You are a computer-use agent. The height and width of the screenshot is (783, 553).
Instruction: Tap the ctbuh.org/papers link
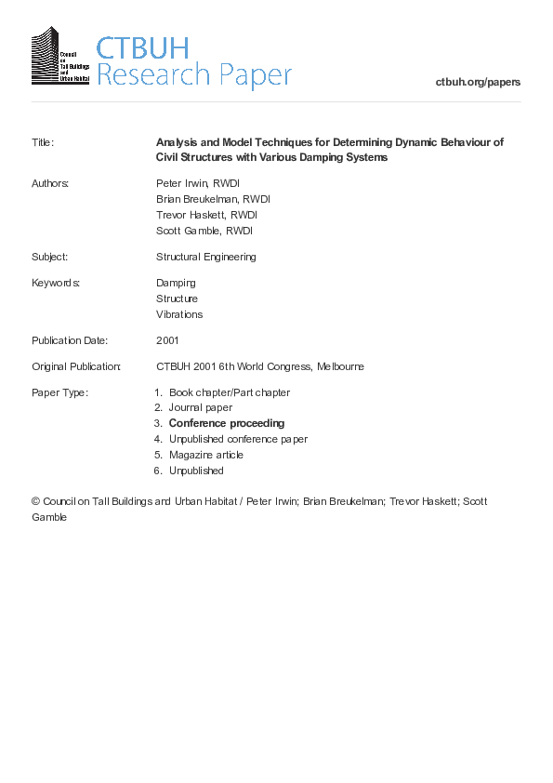pos(478,82)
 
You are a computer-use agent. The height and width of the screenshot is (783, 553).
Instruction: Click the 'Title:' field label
pos(43,142)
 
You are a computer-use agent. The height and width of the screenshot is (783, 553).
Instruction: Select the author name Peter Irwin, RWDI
pos(197,183)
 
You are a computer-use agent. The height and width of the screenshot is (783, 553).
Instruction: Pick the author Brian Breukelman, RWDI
pos(213,199)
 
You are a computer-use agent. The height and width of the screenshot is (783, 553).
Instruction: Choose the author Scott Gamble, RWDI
pos(204,231)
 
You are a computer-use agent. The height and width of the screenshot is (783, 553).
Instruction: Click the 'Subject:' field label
pos(49,257)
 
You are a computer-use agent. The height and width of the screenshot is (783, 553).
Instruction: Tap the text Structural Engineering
pos(205,257)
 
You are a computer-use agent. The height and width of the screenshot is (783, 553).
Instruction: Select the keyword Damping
pos(176,283)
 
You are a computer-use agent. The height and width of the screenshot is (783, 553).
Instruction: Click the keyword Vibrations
pos(179,314)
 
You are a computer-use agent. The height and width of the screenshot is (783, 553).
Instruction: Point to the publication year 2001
pos(167,340)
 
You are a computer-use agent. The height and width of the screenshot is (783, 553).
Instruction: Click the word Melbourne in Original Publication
pos(340,366)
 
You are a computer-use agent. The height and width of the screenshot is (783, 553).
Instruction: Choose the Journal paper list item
pos(200,407)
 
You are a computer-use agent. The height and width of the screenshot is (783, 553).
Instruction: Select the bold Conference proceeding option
pos(226,423)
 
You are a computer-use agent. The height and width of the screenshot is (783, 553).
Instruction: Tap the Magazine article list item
pos(205,455)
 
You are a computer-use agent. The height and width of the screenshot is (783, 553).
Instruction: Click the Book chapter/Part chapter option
pos(229,392)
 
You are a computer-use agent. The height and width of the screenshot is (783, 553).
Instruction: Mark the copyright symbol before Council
pos(36,502)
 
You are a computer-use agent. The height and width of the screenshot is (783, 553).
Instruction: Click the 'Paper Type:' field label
pos(59,392)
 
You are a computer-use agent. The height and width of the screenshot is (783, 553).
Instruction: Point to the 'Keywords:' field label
pos(55,283)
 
